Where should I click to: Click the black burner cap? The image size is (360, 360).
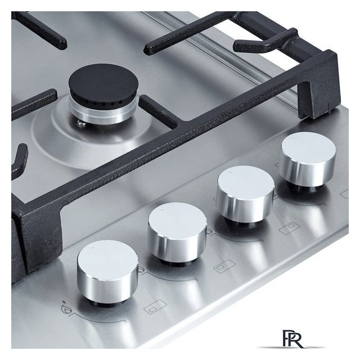[x=103, y=83]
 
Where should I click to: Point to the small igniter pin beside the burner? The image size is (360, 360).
[x=82, y=124]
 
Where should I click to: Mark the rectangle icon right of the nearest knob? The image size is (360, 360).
[x=155, y=307]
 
